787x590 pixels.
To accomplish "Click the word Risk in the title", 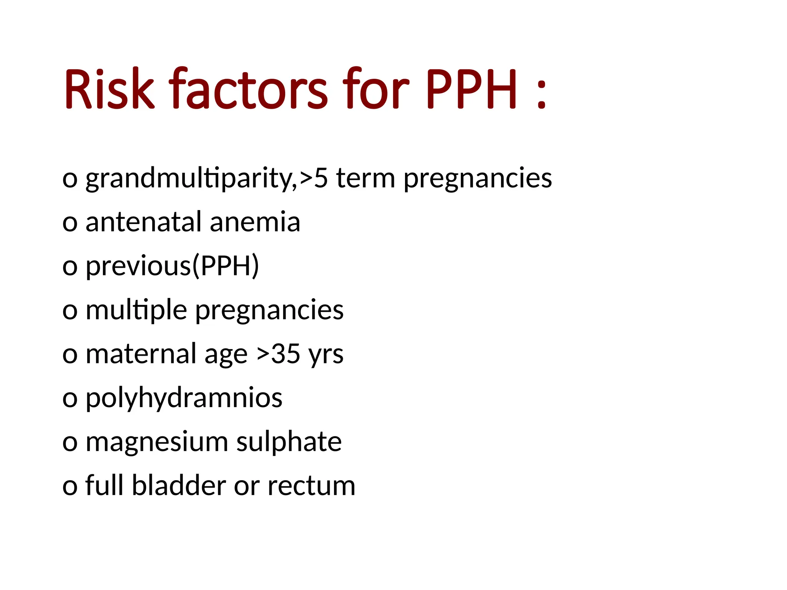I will click(109, 89).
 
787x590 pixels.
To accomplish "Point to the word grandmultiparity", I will click(191, 179).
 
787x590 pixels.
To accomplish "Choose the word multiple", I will click(136, 310).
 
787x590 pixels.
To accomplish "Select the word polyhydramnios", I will click(184, 398).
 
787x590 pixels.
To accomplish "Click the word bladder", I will click(179, 486).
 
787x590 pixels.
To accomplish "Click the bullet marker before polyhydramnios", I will click(70, 399).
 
